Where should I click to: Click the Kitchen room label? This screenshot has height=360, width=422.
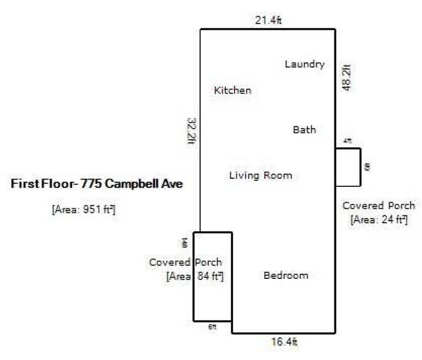coord(232,91)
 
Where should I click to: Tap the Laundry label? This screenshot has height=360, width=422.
coord(304,64)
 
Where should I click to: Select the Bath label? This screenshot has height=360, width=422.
coord(304,130)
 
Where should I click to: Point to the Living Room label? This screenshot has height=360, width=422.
coord(260,175)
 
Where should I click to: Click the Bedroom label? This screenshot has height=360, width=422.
coord(286,276)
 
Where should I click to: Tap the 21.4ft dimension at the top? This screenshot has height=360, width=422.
coord(268,21)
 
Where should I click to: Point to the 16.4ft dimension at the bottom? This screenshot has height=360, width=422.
coord(284,341)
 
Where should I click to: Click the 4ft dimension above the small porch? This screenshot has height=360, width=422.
coord(347,141)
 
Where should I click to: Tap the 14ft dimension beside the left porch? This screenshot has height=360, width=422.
coord(185,243)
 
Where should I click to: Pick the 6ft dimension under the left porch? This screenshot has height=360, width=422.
coord(212,327)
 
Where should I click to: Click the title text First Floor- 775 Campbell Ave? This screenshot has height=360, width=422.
coord(97,184)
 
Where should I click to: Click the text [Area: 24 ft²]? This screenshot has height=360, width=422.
coord(379,220)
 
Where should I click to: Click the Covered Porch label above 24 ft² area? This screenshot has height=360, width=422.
coord(379,206)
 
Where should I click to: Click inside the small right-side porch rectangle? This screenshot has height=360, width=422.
coord(347,167)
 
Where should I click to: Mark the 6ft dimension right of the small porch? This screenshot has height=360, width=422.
coord(367,167)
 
